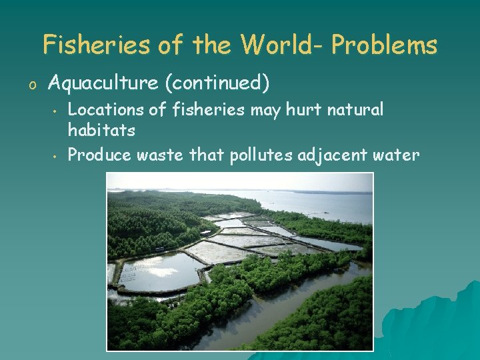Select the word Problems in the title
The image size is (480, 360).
384,45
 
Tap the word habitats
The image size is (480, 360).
101,131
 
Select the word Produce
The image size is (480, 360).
100,155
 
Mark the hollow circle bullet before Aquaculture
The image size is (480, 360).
31,85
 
